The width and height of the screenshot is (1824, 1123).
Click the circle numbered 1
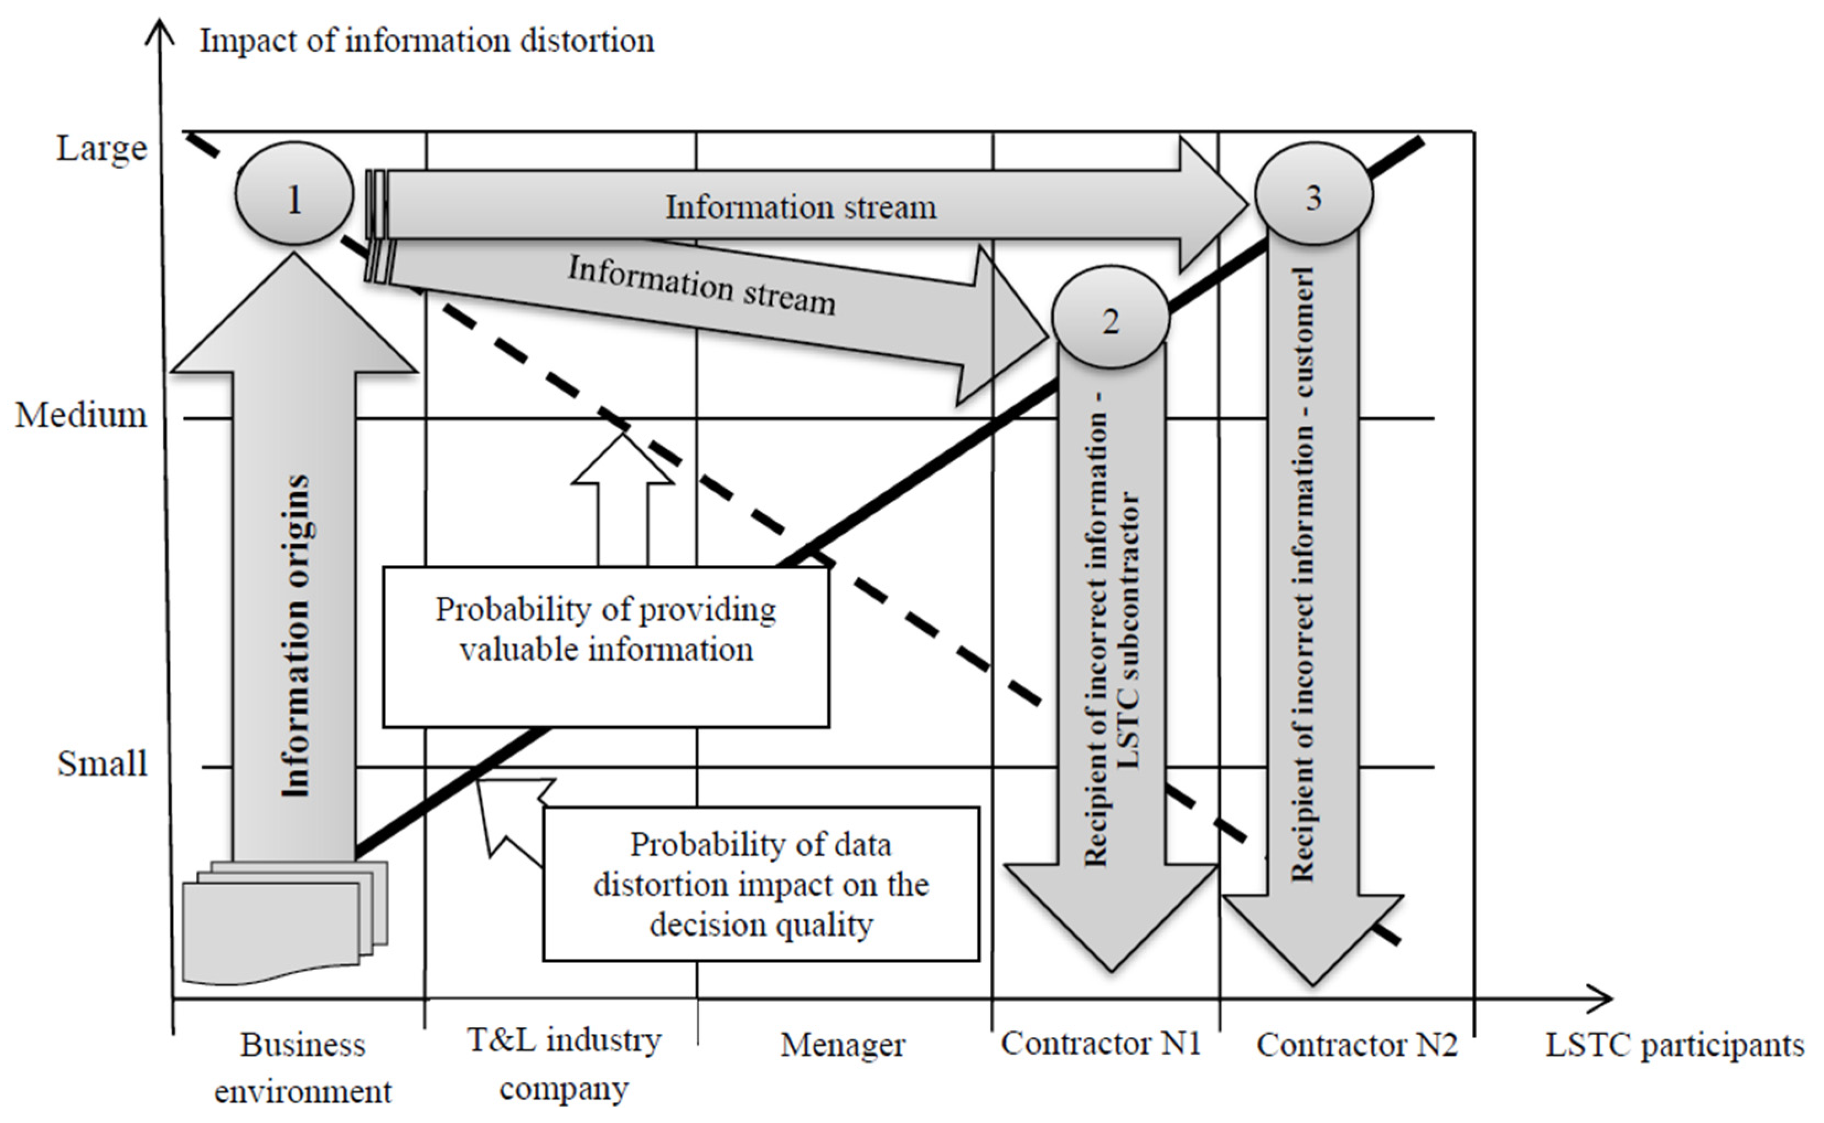click(x=294, y=194)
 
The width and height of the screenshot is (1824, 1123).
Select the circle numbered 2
click(x=1110, y=318)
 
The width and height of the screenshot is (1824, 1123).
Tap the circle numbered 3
click(x=1313, y=195)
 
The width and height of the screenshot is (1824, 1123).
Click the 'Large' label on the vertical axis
click(x=102, y=149)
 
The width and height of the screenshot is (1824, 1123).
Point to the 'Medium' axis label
click(x=81, y=415)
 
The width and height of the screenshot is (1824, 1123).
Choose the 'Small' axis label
click(x=103, y=764)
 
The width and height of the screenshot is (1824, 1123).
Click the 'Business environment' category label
click(x=302, y=1067)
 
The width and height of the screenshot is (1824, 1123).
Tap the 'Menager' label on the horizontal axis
click(x=843, y=1045)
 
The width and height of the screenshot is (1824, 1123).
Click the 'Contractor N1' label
click(x=1101, y=1044)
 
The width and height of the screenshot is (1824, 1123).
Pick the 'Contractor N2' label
click(x=1356, y=1045)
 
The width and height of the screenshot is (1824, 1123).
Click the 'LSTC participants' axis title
click(x=1675, y=1045)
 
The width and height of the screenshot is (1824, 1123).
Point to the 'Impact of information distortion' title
click(x=426, y=41)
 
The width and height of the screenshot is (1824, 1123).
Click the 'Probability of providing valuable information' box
click(x=605, y=647)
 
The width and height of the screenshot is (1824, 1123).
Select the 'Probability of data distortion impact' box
click(x=761, y=884)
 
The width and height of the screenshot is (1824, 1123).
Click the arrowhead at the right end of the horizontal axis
click(x=1605, y=998)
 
